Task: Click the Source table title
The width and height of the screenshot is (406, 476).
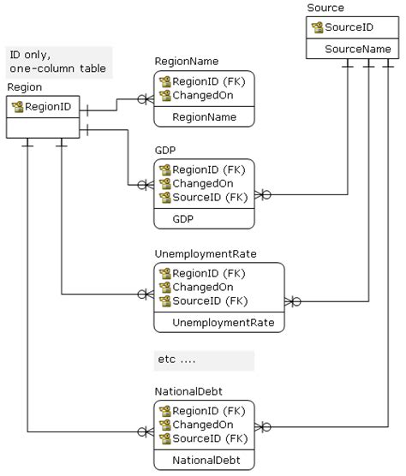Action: click(x=325, y=8)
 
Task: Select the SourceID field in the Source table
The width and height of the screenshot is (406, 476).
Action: click(x=349, y=27)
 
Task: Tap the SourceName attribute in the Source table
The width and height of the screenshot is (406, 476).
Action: click(x=357, y=50)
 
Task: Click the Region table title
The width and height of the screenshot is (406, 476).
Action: click(x=24, y=87)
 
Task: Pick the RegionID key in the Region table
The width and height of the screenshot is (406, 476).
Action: click(x=48, y=107)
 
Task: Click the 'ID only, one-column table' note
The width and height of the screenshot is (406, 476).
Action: click(x=59, y=61)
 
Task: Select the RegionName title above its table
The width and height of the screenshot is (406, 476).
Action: click(x=186, y=62)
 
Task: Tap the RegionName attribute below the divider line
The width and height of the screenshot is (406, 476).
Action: click(x=205, y=116)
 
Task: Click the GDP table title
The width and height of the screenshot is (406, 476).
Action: click(x=164, y=151)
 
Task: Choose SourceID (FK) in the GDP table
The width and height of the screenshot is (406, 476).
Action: click(x=210, y=198)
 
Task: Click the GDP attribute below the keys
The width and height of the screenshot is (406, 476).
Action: click(x=182, y=219)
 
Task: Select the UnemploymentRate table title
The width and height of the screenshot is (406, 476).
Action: click(x=205, y=254)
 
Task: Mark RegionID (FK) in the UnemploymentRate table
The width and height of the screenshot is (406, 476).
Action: click(x=210, y=273)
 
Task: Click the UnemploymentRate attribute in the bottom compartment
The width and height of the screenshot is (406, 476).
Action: click(x=218, y=322)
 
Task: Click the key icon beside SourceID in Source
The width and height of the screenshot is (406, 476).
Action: click(x=317, y=27)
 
